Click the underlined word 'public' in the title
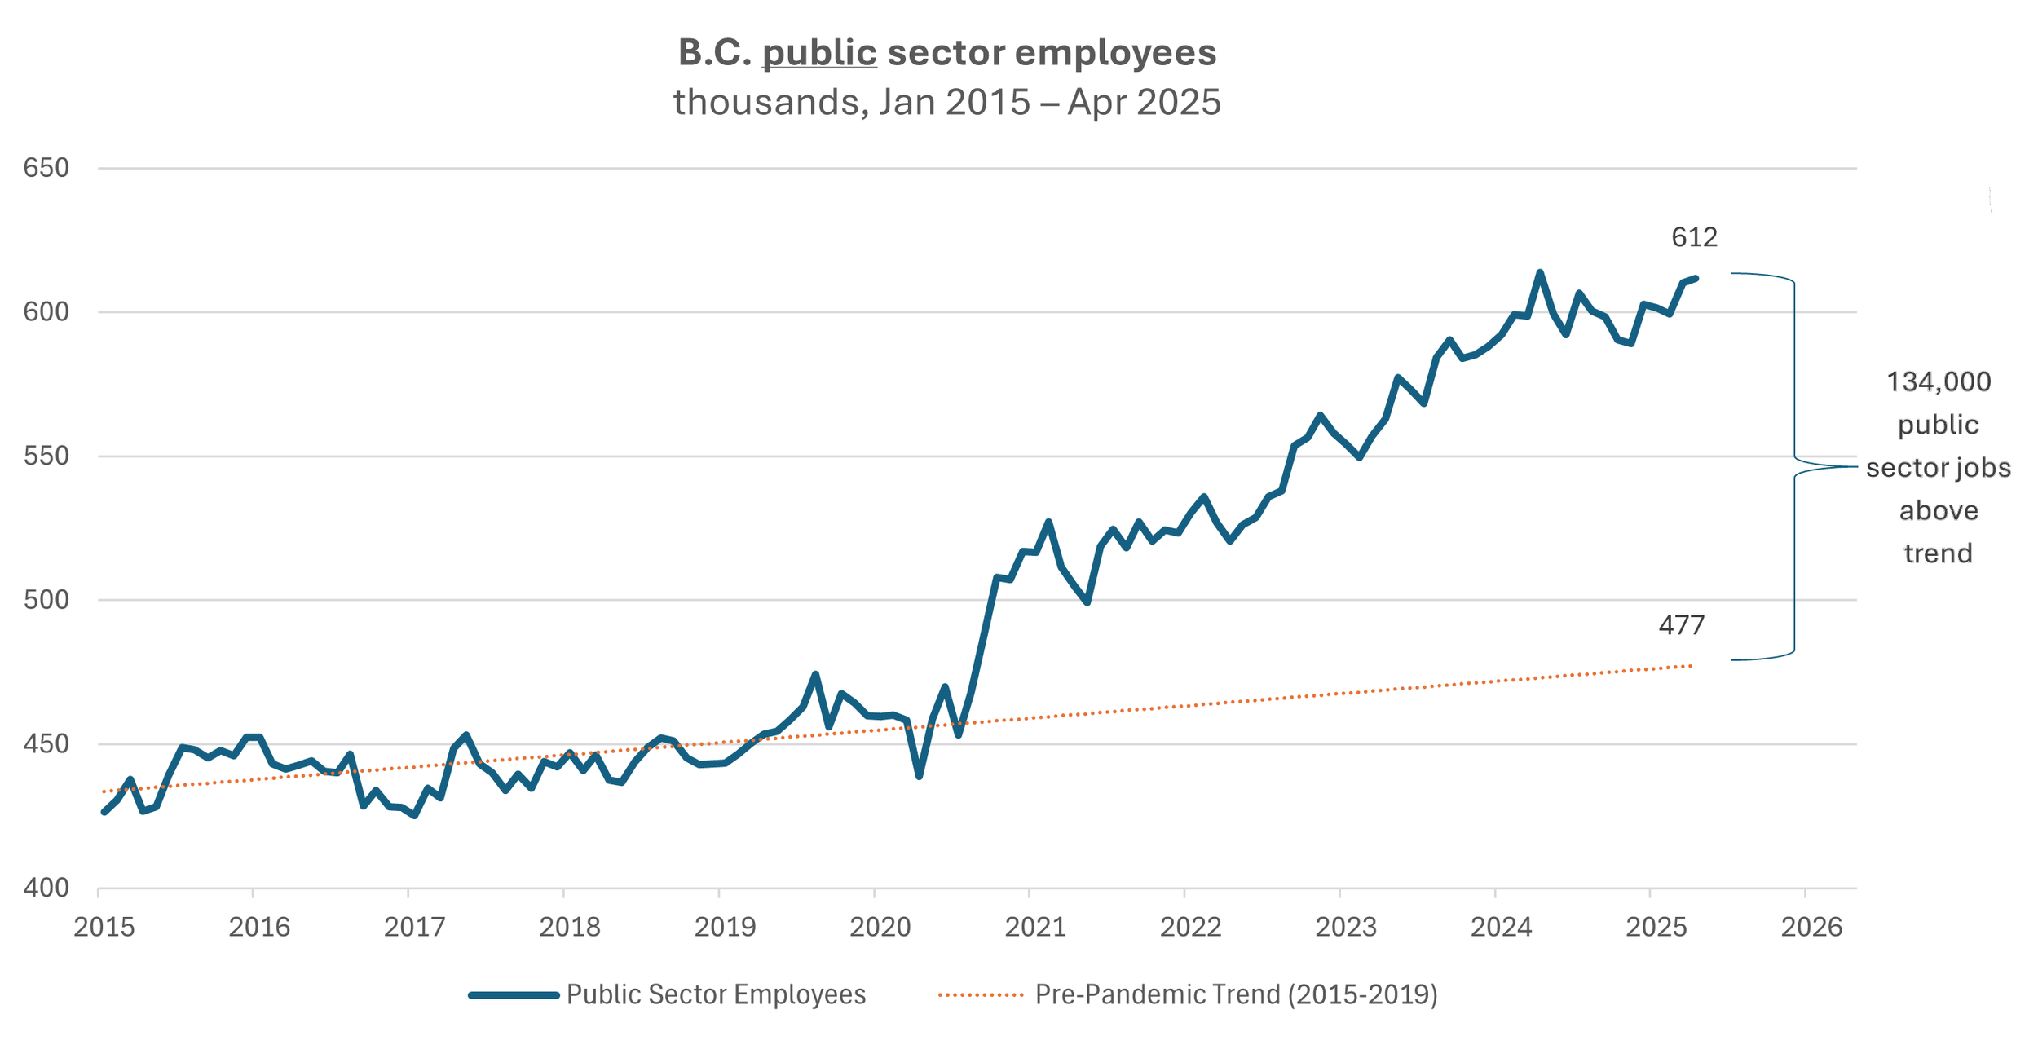point(819,54)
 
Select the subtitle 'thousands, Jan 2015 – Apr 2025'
point(947,103)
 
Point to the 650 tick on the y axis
point(46,168)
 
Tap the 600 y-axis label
point(46,312)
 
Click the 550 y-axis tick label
point(46,456)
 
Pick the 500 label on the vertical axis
point(46,600)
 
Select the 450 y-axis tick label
point(46,744)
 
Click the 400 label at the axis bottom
point(46,888)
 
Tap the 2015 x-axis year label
point(104,928)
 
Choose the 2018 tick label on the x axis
point(570,928)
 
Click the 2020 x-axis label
point(880,928)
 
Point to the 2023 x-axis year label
point(1346,928)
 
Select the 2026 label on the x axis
point(1811,928)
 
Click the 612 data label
point(1695,237)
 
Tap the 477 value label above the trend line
point(1682,625)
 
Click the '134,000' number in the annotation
point(1939,382)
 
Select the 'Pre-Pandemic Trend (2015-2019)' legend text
point(1237,995)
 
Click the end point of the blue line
point(1696,279)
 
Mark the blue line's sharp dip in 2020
point(919,776)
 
